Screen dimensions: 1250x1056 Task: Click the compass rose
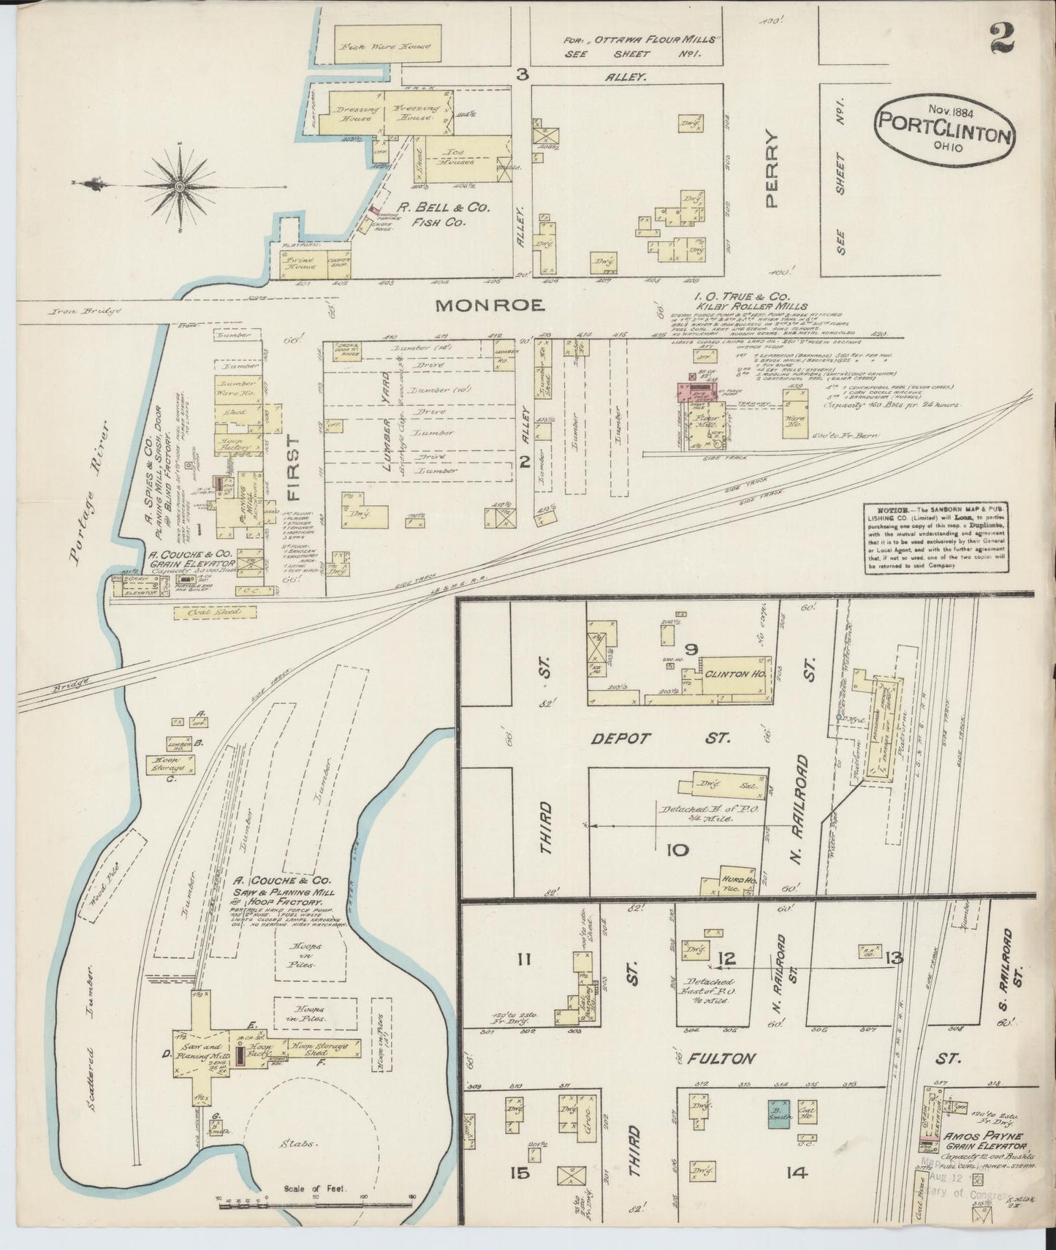[178, 188]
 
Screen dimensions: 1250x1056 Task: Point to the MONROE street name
[490, 306]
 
